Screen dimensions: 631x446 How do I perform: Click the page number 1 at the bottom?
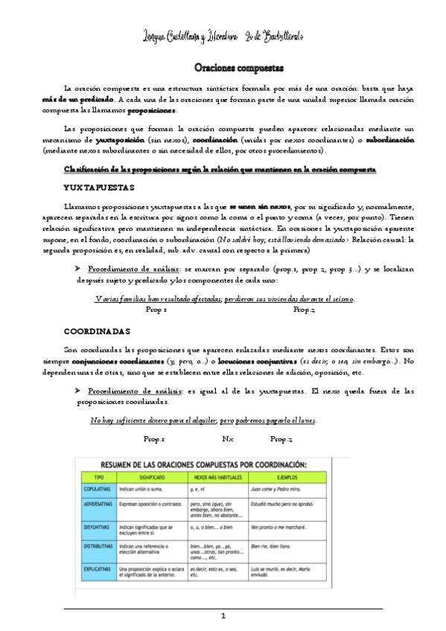point(223,616)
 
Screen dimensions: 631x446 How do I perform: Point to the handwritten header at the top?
point(223,36)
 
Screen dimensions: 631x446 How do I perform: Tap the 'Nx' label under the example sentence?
point(228,439)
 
